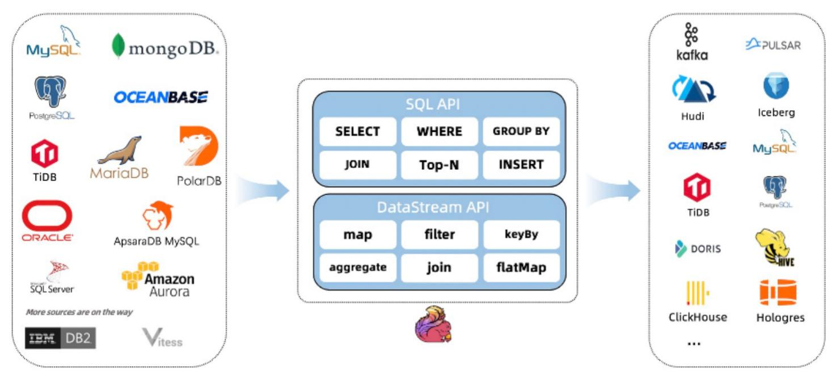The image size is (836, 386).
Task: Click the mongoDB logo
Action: click(165, 47)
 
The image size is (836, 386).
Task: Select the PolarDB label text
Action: click(199, 181)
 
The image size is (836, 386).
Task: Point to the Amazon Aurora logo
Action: click(158, 279)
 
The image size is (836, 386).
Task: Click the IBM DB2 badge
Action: click(61, 338)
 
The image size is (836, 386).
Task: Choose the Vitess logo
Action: click(162, 337)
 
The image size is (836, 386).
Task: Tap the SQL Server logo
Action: click(52, 277)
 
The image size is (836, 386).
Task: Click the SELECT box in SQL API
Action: click(357, 131)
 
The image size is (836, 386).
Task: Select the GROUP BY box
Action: click(521, 131)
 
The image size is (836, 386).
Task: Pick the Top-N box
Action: click(440, 165)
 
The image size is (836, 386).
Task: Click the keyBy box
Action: click(521, 234)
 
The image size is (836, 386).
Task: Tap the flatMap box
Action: click(521, 267)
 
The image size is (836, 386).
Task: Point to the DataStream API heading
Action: click(433, 207)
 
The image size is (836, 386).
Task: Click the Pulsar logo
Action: click(773, 44)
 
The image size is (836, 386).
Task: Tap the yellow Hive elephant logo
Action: click(774, 247)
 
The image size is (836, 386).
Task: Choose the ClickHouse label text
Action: click(698, 317)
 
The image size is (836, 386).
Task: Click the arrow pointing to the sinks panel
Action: click(613, 191)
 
